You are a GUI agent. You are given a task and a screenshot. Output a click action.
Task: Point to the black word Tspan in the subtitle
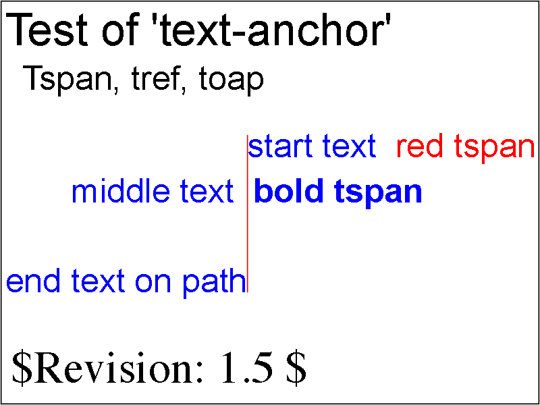68,79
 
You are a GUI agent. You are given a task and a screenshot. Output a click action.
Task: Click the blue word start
280,147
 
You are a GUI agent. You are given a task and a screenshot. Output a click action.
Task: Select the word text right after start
349,147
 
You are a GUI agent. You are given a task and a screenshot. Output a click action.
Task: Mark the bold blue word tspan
378,194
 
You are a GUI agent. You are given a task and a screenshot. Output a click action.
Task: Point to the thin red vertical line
247,213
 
